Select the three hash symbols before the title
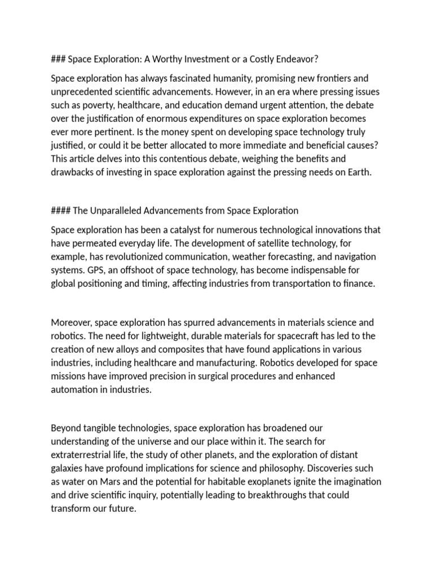click(58, 59)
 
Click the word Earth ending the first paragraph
click(360, 173)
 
